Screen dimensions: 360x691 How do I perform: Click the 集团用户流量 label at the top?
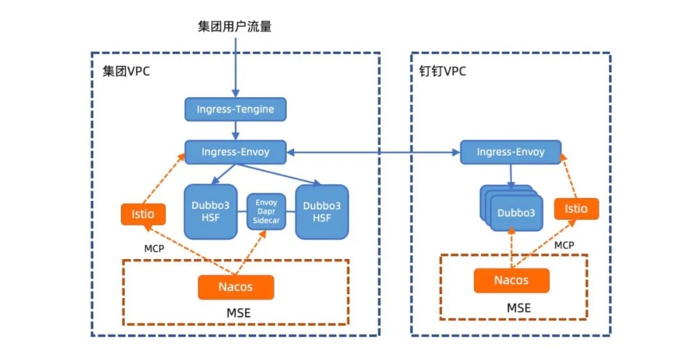click(x=235, y=27)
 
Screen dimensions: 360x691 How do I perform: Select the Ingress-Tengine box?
click(x=235, y=109)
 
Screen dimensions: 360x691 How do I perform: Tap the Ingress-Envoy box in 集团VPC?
click(x=235, y=152)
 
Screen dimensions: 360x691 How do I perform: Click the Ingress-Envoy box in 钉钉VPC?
click(x=511, y=152)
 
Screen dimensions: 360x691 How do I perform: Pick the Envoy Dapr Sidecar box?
click(x=265, y=212)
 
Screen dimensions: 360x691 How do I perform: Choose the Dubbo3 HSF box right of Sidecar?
click(x=321, y=212)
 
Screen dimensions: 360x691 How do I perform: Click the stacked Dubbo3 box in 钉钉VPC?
click(x=513, y=212)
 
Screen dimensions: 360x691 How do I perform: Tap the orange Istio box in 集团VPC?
click(x=143, y=214)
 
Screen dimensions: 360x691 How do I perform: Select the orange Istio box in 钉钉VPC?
click(x=576, y=209)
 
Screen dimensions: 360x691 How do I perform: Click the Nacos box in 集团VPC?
click(x=235, y=287)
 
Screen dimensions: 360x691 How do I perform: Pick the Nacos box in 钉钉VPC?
click(x=511, y=280)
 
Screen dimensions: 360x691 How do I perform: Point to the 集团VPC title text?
click(x=126, y=71)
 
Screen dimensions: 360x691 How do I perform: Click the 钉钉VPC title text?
click(x=438, y=71)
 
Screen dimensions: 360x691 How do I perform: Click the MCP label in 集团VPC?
click(x=155, y=247)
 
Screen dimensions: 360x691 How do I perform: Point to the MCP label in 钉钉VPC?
click(x=564, y=245)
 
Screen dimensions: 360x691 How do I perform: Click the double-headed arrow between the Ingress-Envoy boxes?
click(x=374, y=152)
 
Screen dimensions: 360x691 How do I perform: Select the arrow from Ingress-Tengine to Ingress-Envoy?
click(x=235, y=130)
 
